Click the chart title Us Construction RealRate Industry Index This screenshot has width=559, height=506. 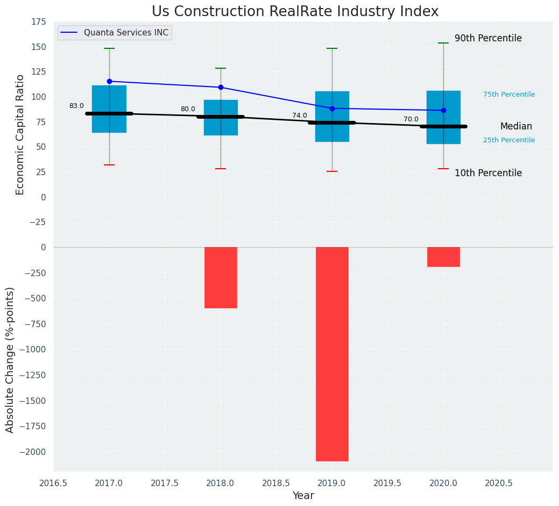pyautogui.click(x=295, y=12)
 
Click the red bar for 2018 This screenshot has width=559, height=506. pyautogui.click(x=221, y=277)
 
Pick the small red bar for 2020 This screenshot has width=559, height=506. pyautogui.click(x=443, y=257)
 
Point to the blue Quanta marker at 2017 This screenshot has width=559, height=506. pyautogui.click(x=109, y=81)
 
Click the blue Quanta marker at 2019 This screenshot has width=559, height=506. pyautogui.click(x=332, y=109)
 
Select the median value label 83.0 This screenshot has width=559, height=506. pyautogui.click(x=76, y=106)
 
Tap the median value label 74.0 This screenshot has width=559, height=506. pyautogui.click(x=300, y=115)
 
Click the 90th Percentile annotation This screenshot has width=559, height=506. pyautogui.click(x=488, y=38)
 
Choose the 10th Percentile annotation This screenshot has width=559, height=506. pyautogui.click(x=488, y=173)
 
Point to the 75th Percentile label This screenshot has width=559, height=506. pyautogui.click(x=509, y=95)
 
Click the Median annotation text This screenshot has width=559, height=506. pyautogui.click(x=516, y=127)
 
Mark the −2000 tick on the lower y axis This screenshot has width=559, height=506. pyautogui.click(x=31, y=452)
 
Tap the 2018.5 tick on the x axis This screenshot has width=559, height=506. pyautogui.click(x=276, y=483)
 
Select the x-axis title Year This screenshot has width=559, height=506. pyautogui.click(x=303, y=496)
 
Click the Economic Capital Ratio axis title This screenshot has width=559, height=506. pyautogui.click(x=20, y=134)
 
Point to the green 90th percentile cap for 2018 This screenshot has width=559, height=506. pyautogui.click(x=221, y=68)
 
